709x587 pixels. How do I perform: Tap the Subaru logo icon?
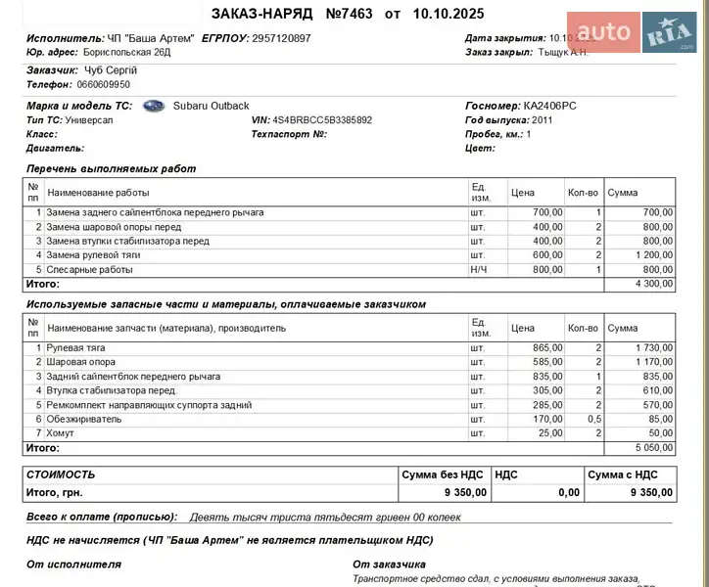154,106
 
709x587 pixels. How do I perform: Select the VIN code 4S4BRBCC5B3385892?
322,120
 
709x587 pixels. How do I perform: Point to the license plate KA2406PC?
550,106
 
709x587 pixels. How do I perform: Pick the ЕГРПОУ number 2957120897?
281,38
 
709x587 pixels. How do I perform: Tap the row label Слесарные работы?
89,270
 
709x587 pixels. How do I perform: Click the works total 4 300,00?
653,284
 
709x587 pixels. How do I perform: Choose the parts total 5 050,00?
653,447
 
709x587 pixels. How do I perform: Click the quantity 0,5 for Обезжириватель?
591,419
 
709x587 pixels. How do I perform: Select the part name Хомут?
61,432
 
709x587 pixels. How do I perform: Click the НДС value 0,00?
568,492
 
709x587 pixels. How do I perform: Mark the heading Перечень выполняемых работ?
111,168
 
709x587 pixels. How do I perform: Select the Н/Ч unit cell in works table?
478,270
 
